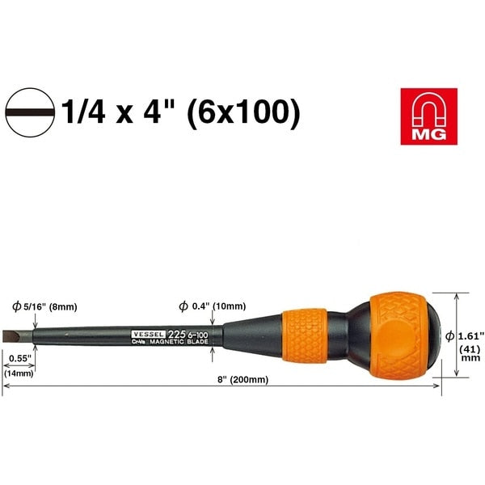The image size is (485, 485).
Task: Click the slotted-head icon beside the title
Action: click(30, 112)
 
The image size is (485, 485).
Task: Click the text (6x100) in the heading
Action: click(242, 112)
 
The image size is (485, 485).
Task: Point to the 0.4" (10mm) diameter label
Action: click(215, 306)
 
